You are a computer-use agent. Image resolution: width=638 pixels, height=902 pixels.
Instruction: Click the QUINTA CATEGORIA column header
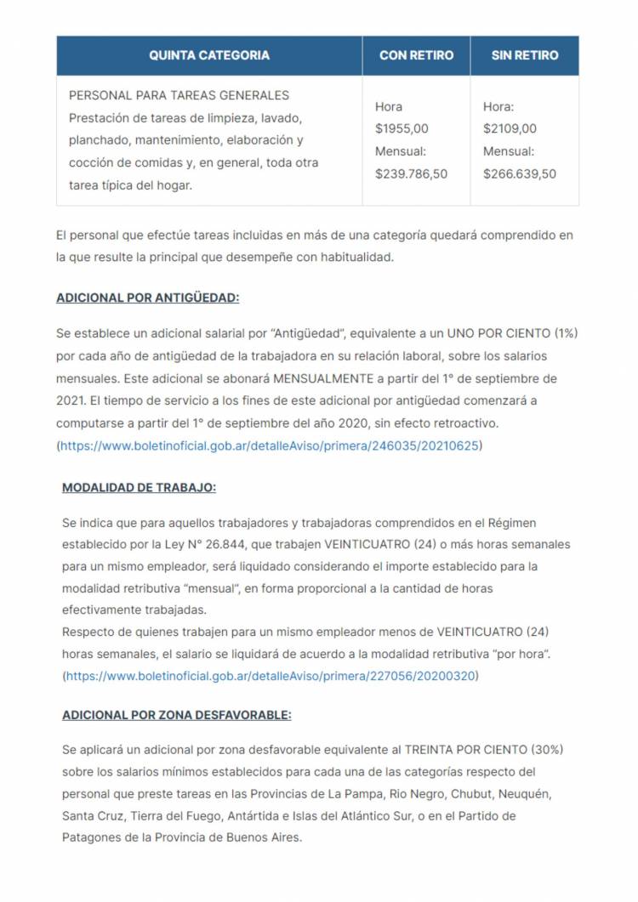pyautogui.click(x=209, y=55)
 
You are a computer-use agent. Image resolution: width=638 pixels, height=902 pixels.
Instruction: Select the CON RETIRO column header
pyautogui.click(x=416, y=55)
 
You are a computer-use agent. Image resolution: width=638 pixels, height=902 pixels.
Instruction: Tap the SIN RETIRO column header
pyautogui.click(x=525, y=55)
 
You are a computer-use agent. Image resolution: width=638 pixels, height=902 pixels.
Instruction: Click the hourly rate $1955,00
pyautogui.click(x=402, y=129)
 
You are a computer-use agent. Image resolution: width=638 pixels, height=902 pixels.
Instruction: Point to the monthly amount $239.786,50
pyautogui.click(x=411, y=173)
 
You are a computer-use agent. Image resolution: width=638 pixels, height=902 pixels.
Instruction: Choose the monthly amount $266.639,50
pyautogui.click(x=520, y=173)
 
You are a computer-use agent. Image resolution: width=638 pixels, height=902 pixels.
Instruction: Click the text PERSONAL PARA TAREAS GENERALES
pyautogui.click(x=179, y=95)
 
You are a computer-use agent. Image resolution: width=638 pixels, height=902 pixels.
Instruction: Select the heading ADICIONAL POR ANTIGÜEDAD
pyautogui.click(x=148, y=298)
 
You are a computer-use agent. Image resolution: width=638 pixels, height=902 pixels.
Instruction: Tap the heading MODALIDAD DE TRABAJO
pyautogui.click(x=139, y=488)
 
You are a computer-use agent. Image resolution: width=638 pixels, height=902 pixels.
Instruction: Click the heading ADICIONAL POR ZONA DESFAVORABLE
pyautogui.click(x=176, y=716)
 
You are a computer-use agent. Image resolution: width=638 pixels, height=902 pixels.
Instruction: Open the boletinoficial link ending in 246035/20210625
pyautogui.click(x=269, y=445)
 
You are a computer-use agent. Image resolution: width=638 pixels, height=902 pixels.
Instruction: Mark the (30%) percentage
pyautogui.click(x=547, y=750)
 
